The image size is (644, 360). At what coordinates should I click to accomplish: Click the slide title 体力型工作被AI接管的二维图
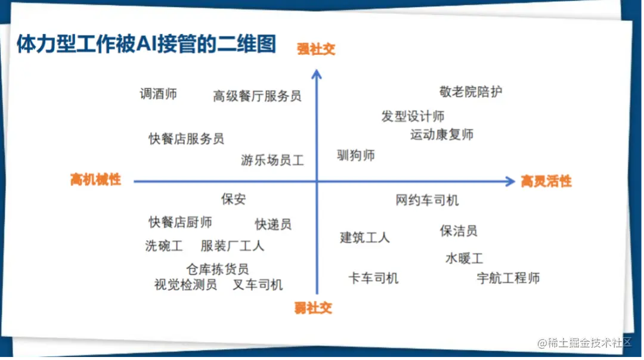146,44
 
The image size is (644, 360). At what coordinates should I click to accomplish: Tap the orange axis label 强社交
316,49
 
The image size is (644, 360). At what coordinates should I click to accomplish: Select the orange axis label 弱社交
313,308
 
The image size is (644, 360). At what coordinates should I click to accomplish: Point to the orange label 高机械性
95,179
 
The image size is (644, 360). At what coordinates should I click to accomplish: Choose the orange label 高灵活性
546,181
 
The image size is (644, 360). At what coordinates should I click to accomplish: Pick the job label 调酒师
158,94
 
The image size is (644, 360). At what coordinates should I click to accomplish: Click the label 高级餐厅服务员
256,96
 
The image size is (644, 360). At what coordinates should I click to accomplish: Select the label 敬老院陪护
470,92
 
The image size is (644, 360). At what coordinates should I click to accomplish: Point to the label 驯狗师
355,155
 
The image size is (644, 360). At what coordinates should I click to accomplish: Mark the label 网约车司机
427,200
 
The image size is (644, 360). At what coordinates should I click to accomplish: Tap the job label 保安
233,199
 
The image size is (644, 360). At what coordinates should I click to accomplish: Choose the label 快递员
273,224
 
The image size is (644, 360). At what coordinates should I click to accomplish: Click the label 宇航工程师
508,278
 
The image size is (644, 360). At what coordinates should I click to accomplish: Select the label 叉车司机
258,284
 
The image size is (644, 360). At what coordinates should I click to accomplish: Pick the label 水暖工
464,258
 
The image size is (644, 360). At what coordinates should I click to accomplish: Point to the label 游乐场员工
273,160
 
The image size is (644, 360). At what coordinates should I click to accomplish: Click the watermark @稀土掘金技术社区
584,342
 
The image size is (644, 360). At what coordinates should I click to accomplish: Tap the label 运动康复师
441,135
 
